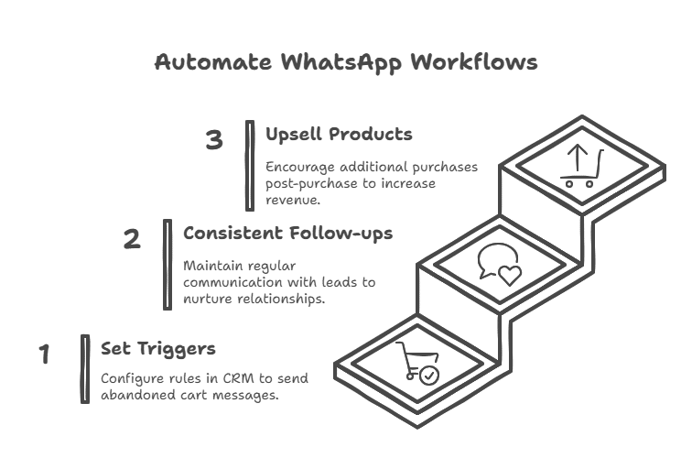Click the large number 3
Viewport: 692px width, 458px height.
click(x=214, y=141)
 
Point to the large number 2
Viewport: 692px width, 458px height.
click(x=133, y=240)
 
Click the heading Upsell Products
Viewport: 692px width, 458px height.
click(x=339, y=135)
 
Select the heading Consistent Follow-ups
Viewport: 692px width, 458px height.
click(x=288, y=234)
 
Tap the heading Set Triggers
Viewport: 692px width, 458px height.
click(x=158, y=349)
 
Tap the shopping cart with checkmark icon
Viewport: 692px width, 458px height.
click(x=416, y=361)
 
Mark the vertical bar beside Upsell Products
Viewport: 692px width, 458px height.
click(x=249, y=165)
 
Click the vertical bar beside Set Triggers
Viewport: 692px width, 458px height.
click(x=85, y=369)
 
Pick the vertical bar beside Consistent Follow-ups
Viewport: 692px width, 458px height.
click(x=167, y=264)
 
